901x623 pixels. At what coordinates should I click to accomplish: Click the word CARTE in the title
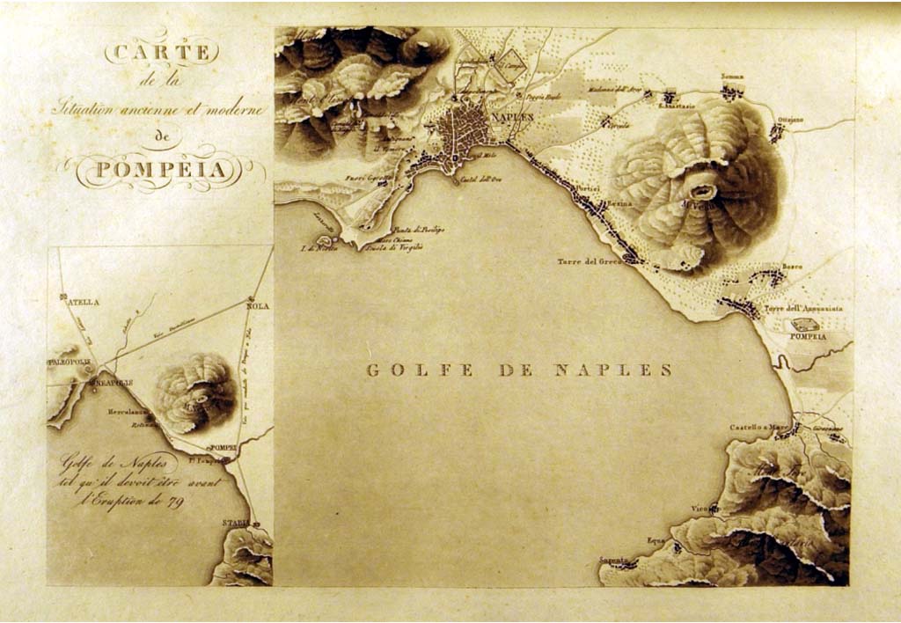(160, 52)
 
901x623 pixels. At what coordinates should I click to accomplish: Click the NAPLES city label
(515, 117)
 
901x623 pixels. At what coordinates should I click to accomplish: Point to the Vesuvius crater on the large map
(702, 187)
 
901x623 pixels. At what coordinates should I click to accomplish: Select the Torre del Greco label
(590, 261)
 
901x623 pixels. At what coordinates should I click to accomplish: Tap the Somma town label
(732, 77)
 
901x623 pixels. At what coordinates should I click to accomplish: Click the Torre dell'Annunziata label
(803, 309)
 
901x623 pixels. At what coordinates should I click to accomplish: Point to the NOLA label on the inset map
(259, 306)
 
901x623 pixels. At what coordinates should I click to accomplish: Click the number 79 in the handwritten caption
(173, 503)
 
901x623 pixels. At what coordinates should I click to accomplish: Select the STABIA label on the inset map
(235, 523)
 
